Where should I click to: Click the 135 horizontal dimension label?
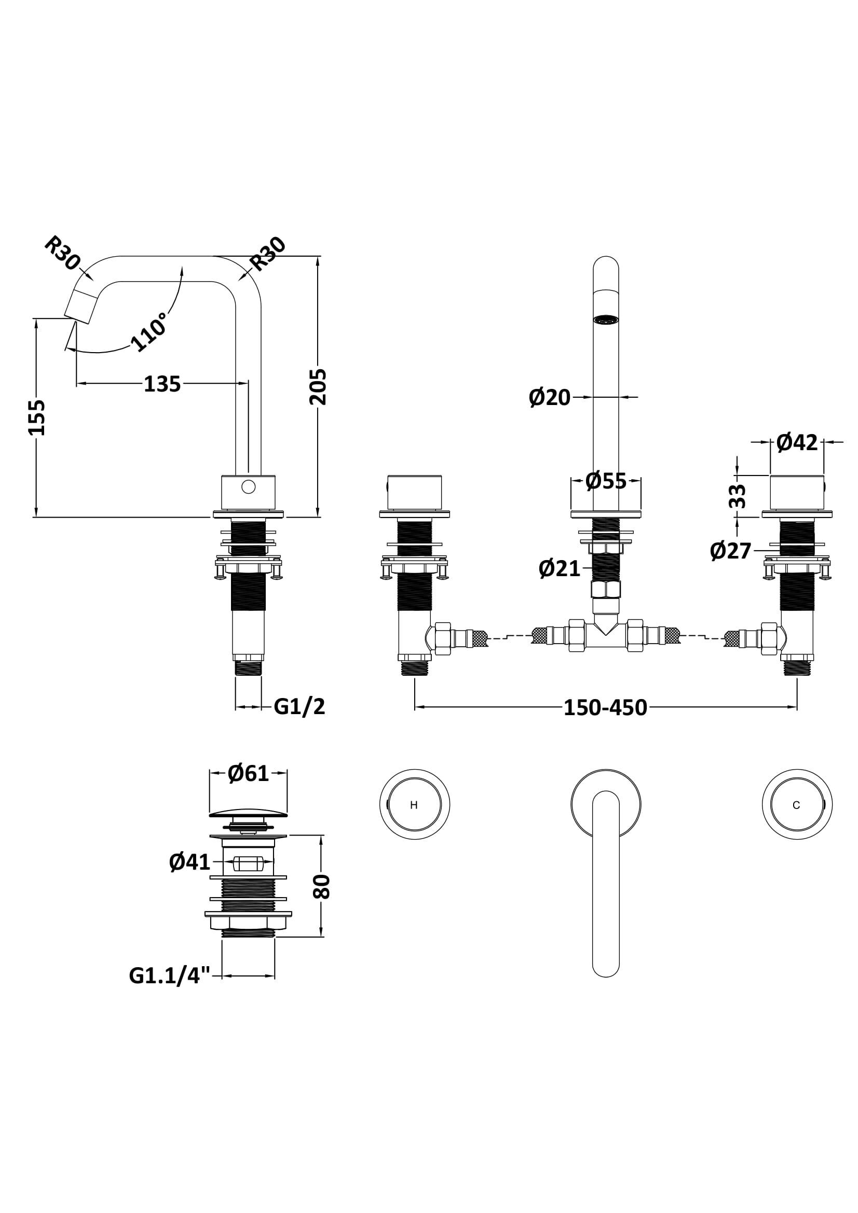(162, 384)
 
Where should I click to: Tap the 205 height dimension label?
(318, 387)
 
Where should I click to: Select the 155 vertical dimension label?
(37, 417)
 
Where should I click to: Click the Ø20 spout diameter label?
(550, 397)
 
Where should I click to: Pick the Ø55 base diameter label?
(606, 481)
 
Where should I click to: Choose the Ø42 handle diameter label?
(797, 442)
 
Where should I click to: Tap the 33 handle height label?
(738, 496)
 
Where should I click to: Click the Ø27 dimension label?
(731, 551)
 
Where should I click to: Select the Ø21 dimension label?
(560, 569)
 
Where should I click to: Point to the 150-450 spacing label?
(605, 708)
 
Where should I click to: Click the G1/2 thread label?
(299, 706)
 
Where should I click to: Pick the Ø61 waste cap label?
(249, 774)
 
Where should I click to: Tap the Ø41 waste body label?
(190, 863)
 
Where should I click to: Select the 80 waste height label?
(321, 886)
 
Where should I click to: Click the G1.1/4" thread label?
(170, 976)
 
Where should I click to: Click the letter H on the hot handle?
(414, 805)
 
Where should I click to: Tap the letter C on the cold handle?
(796, 805)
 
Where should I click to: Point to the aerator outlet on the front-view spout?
(606, 319)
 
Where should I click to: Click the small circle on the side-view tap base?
(248, 486)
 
